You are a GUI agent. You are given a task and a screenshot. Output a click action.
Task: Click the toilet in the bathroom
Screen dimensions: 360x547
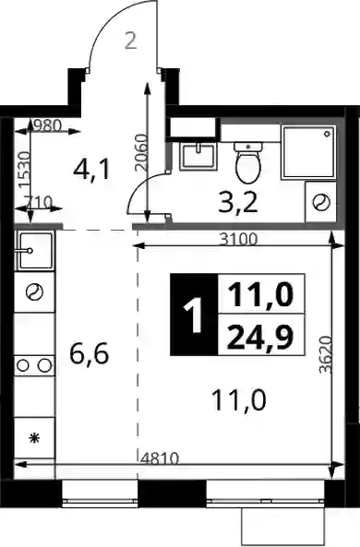click(248, 162)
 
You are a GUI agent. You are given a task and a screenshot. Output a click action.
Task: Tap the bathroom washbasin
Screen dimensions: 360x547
click(198, 157)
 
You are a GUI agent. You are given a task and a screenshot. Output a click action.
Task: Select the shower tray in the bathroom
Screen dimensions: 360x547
click(308, 153)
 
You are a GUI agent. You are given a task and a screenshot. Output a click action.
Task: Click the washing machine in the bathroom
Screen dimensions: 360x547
click(320, 202)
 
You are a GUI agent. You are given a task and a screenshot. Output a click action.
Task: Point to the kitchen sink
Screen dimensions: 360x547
click(34, 251)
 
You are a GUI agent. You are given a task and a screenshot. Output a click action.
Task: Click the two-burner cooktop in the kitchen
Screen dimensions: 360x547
click(34, 365)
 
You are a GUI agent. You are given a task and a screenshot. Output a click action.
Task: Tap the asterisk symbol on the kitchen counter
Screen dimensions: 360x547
click(34, 438)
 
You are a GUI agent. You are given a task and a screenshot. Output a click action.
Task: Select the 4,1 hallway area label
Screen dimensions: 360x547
click(91, 171)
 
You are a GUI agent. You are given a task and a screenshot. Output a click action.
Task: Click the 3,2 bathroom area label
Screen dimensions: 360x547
click(238, 203)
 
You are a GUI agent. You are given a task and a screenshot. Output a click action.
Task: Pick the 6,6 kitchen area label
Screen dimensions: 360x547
click(90, 353)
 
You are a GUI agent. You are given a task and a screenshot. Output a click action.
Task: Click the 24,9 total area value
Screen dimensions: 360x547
click(260, 338)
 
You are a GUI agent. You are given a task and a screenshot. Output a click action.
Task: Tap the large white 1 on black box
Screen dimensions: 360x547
click(193, 315)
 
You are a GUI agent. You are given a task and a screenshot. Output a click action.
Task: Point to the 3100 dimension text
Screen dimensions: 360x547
click(239, 239)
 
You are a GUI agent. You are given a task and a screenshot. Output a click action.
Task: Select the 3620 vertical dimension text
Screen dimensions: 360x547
click(325, 354)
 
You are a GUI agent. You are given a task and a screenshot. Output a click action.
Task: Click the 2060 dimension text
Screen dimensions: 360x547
click(140, 151)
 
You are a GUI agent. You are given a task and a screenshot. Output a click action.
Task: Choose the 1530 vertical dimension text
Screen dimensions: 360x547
click(24, 169)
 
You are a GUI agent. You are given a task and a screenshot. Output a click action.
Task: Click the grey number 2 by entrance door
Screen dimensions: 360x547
click(130, 41)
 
